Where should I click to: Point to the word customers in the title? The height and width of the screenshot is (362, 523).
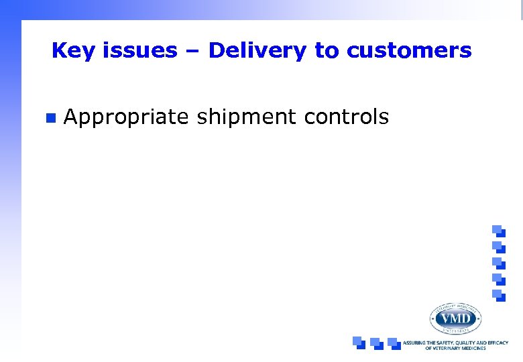(409, 51)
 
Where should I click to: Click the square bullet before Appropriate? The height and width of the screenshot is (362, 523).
(49, 119)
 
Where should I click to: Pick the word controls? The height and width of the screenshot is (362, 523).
(346, 117)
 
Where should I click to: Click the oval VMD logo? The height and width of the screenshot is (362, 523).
(455, 318)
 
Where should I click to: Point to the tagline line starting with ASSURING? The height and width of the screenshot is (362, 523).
(455, 343)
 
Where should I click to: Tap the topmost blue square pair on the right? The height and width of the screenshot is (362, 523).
(498, 230)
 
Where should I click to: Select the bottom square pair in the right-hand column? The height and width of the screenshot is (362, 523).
(498, 295)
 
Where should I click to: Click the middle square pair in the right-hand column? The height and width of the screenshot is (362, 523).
(498, 262)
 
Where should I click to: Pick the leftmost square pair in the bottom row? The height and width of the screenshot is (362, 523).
(359, 342)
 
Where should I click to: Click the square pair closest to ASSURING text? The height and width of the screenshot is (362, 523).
(394, 342)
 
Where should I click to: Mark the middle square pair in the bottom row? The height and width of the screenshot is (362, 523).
(376, 342)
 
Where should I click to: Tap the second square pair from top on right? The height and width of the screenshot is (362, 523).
(498, 246)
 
